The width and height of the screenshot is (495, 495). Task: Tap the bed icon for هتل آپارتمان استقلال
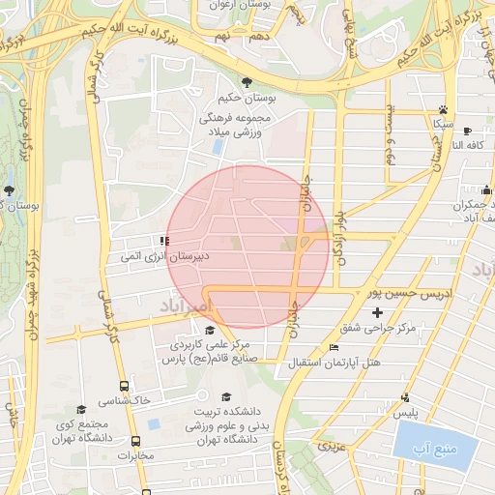[334, 347]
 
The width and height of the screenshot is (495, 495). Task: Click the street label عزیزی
[334, 447]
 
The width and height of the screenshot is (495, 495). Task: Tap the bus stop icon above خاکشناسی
[123, 385]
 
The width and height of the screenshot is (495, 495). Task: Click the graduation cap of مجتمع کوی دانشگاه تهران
[81, 409]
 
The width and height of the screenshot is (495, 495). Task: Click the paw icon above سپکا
[443, 109]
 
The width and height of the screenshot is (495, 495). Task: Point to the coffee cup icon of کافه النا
[468, 131]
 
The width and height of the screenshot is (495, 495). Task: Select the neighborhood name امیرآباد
[174, 305]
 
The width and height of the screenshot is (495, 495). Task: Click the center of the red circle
[248, 247]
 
